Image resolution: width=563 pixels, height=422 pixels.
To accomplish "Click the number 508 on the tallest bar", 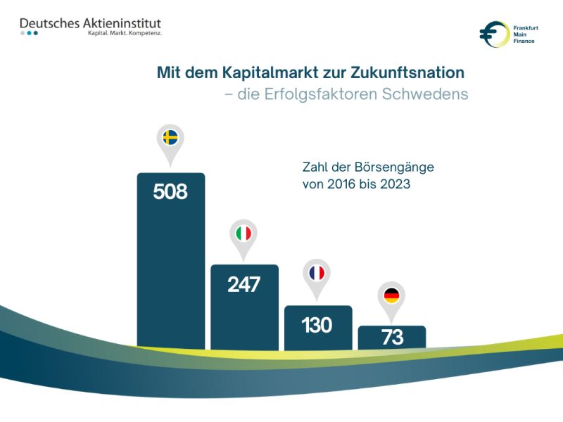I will coord(170,191).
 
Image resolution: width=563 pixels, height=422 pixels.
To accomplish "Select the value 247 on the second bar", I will coord(244,284).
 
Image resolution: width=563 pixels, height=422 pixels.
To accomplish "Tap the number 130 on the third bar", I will coord(317,325).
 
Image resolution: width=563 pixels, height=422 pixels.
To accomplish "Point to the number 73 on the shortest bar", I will coord(392,338).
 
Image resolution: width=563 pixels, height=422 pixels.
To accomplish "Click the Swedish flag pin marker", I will coord(170,138).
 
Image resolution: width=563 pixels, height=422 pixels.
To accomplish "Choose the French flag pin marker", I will coord(317,274).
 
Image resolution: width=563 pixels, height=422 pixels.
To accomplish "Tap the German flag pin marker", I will coord(392,296).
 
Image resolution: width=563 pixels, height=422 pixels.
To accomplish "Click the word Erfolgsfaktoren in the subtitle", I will coord(322,94).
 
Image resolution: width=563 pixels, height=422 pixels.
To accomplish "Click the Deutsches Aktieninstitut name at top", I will coord(91,23).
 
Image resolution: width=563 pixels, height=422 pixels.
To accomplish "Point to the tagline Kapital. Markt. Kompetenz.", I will coord(124,34).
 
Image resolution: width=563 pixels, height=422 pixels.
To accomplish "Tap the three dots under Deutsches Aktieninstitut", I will coord(29,33).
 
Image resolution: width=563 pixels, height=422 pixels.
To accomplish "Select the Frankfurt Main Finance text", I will coord(525,34).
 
